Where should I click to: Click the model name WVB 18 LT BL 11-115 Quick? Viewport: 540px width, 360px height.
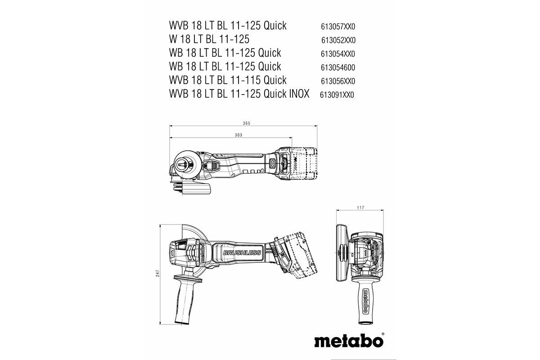[x=228, y=81]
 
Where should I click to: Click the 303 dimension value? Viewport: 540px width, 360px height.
[x=238, y=135]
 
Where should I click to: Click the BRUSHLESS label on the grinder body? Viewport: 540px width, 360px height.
[x=241, y=253]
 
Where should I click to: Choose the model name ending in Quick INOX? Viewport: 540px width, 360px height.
[x=239, y=94]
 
